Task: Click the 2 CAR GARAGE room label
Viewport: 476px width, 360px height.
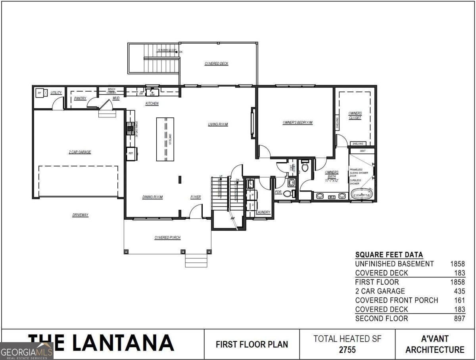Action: tap(80, 152)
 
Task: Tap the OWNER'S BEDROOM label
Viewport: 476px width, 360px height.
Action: tap(297, 123)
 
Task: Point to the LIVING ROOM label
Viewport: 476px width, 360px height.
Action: tap(218, 124)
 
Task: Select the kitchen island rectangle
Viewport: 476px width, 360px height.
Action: tap(165, 139)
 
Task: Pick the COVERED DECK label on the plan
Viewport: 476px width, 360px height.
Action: tap(217, 63)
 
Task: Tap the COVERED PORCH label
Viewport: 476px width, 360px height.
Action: tap(167, 237)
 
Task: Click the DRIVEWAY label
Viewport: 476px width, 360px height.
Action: tap(80, 215)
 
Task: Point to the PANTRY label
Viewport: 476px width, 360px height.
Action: tap(80, 98)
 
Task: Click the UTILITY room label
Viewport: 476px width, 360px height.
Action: tap(56, 93)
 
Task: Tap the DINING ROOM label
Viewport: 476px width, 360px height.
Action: tap(152, 197)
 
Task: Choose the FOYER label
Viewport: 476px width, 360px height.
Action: tap(196, 197)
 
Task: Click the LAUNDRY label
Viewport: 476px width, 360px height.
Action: tap(263, 212)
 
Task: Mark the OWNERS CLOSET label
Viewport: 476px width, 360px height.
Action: tap(355, 115)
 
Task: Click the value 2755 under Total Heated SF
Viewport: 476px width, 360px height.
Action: tap(347, 350)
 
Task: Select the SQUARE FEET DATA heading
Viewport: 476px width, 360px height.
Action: tap(389, 255)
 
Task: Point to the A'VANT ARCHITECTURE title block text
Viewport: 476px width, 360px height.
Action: tap(435, 344)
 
